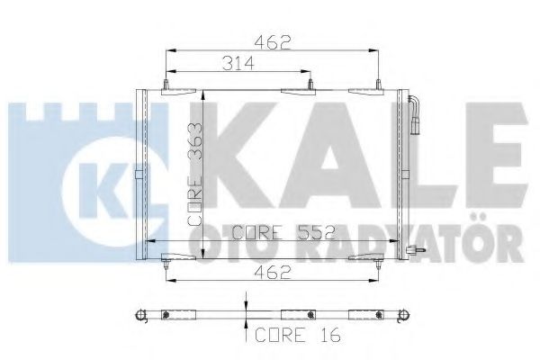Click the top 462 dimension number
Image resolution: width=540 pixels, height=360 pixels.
point(273,42)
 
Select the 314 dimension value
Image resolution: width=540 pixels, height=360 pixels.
point(238,63)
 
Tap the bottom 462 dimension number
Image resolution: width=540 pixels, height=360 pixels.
point(273,274)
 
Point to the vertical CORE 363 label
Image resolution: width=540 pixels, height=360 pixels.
point(194,175)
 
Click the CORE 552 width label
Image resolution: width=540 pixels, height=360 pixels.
point(283,232)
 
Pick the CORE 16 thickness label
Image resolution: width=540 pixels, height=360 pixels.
point(298,335)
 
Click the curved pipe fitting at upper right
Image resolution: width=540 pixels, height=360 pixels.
point(414,113)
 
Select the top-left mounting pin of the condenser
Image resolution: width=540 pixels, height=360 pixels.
point(166,85)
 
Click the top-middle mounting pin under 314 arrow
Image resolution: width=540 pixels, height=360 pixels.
point(310,85)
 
